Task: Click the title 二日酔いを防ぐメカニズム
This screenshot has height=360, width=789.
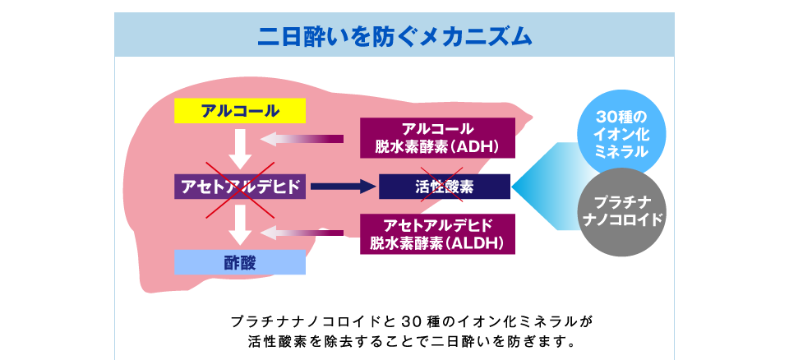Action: pos(394,36)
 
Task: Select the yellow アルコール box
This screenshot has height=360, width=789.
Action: pos(240,111)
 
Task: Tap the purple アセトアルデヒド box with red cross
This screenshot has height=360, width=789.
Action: pos(240,187)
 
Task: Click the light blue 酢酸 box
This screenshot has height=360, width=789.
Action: pos(240,262)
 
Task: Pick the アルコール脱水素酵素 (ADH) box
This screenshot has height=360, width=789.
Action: pos(438,138)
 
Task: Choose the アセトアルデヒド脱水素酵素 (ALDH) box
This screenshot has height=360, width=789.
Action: pos(438,234)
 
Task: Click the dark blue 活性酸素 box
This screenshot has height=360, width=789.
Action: pos(445,187)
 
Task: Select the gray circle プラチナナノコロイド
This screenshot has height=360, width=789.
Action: pos(622,212)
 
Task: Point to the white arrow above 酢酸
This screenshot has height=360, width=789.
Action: pos(240,224)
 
